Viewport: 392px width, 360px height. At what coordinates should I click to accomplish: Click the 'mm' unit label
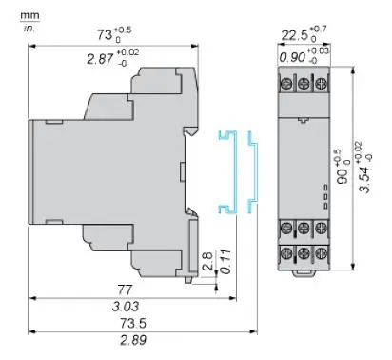pyautogui.click(x=29, y=15)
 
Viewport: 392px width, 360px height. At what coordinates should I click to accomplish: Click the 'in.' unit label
pyautogui.click(x=29, y=28)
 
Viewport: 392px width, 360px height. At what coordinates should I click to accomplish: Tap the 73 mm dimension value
pyautogui.click(x=105, y=34)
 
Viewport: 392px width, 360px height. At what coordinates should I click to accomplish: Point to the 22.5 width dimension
pyautogui.click(x=294, y=35)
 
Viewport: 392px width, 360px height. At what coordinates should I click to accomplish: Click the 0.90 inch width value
pyautogui.click(x=292, y=57)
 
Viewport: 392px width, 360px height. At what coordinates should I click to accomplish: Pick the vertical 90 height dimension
pyautogui.click(x=343, y=175)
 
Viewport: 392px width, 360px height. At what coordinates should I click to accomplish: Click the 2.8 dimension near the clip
pyautogui.click(x=207, y=261)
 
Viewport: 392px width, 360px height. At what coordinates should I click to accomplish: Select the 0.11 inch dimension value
pyautogui.click(x=225, y=262)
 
